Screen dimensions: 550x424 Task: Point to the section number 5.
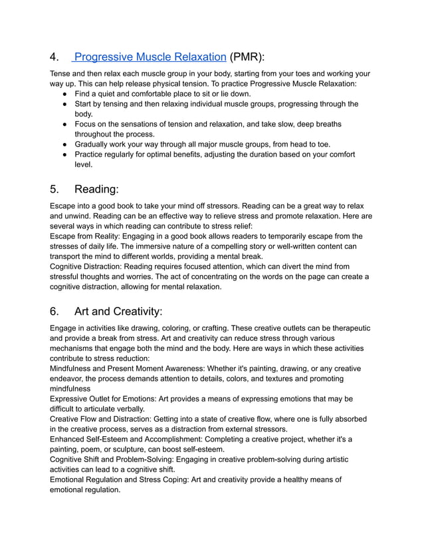[55, 189]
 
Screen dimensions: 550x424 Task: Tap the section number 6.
[55, 311]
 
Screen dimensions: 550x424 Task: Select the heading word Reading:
[96, 189]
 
